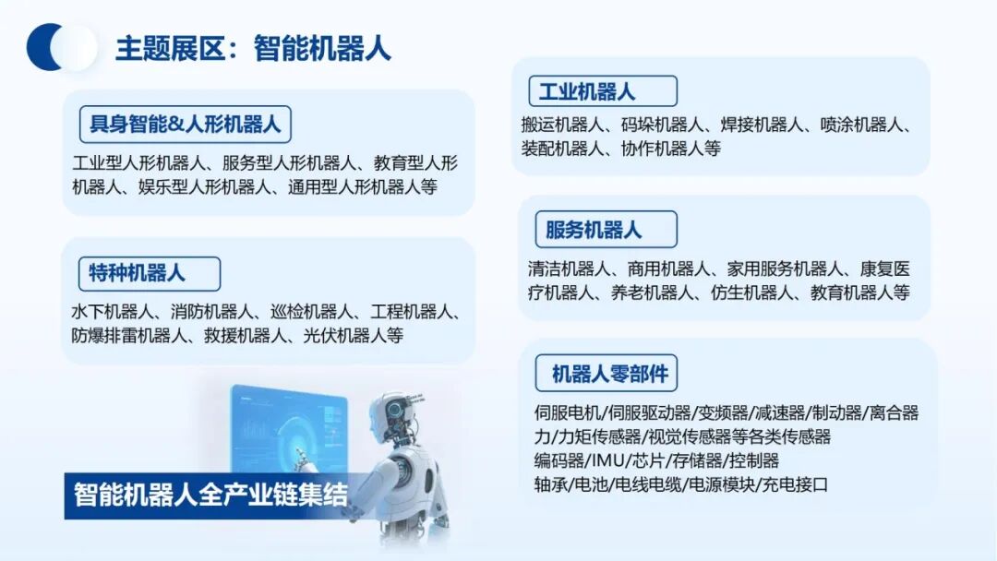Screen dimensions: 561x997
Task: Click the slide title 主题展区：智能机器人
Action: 252,48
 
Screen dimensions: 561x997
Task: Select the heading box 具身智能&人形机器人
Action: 186,123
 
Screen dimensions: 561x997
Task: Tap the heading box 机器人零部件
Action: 608,374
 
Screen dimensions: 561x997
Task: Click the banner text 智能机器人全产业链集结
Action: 211,495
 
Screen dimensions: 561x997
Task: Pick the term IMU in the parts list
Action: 608,460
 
